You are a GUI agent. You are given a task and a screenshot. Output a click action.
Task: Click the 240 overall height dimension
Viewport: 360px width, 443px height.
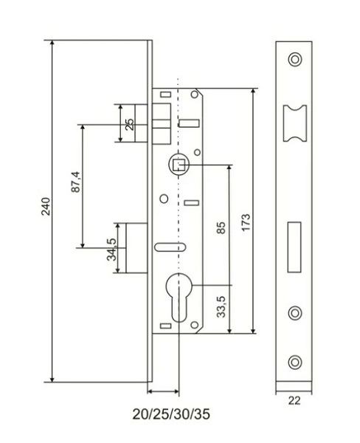[x=46, y=207]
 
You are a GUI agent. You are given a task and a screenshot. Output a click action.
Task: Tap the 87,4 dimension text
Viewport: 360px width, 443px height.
[x=76, y=182]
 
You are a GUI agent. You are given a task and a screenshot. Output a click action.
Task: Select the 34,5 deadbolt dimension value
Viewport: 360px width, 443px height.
[x=111, y=250]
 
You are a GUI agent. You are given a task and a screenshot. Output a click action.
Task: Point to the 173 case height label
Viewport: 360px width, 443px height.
[x=246, y=223]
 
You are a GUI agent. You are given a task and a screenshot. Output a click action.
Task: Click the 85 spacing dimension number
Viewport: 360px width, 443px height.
[x=221, y=228]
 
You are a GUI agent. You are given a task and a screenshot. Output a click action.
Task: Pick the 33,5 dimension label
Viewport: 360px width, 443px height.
[x=221, y=307]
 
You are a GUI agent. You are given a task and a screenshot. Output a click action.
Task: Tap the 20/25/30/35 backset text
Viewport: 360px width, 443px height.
[x=171, y=414]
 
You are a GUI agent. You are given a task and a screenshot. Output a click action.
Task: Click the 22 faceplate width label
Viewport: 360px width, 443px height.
[x=294, y=401]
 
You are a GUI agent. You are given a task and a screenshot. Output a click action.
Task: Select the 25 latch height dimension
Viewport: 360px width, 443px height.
[x=130, y=124]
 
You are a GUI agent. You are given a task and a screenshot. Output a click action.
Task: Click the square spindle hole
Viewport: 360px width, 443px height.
[x=179, y=165]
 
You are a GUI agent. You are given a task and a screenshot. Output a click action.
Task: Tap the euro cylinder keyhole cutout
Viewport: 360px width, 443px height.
[x=179, y=297]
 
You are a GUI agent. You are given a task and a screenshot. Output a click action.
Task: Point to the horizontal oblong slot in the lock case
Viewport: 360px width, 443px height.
[x=170, y=247]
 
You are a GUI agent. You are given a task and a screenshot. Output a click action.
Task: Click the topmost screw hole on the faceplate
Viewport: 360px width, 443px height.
[x=295, y=60]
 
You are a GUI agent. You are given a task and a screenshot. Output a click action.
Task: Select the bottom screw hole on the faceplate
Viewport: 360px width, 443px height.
[x=295, y=362]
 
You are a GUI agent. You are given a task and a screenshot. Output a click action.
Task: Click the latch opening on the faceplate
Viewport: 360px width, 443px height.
[x=295, y=123]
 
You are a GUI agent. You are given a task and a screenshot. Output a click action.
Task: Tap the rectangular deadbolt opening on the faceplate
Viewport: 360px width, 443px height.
[x=294, y=247]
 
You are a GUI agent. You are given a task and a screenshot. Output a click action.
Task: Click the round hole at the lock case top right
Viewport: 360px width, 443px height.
[x=194, y=95]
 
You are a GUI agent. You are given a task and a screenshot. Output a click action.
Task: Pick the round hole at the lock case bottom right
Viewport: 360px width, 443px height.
[x=194, y=325]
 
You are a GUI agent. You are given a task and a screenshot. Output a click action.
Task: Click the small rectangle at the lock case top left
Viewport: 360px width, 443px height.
[x=166, y=95]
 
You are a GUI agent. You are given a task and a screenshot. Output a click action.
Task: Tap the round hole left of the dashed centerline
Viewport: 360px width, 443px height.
[x=164, y=199]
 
